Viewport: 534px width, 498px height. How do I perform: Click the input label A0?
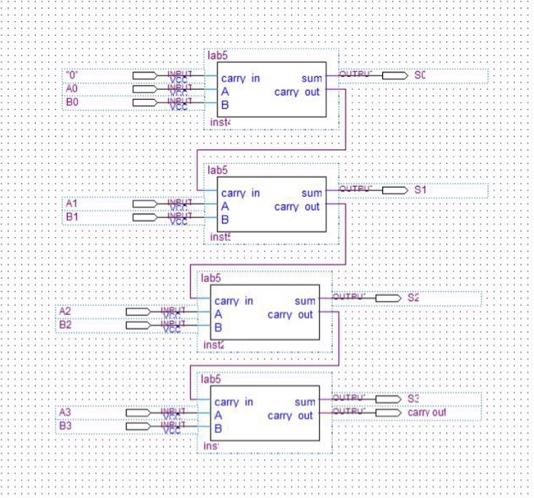click(72, 88)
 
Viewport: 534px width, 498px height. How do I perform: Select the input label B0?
click(72, 101)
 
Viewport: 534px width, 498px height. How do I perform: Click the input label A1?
click(72, 204)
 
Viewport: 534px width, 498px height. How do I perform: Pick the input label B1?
click(72, 217)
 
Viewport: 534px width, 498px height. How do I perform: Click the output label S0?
click(420, 76)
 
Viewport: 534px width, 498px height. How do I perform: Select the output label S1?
click(420, 189)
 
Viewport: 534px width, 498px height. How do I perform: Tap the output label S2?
click(413, 297)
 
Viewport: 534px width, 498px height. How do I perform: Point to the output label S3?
click(413, 399)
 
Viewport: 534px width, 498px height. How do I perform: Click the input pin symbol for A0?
click(145, 88)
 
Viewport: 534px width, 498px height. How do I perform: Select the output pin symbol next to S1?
click(394, 190)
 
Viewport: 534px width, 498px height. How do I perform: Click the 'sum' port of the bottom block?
click(304, 402)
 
